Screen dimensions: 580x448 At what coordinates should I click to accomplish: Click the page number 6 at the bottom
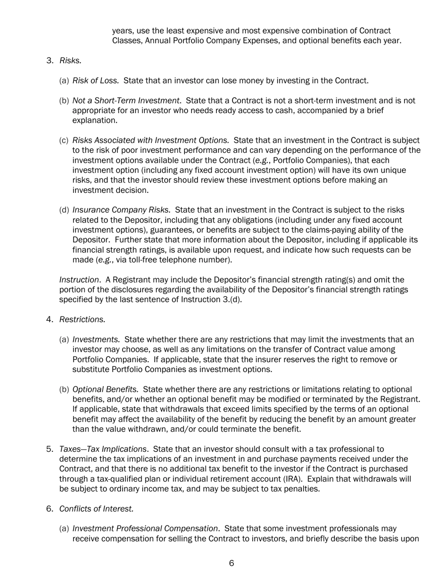[x=232, y=563]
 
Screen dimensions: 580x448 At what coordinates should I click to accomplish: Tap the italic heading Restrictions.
[x=82, y=319]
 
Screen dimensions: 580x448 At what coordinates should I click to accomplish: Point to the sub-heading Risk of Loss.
[x=95, y=81]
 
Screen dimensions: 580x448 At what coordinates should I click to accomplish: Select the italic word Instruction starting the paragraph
[x=76, y=280]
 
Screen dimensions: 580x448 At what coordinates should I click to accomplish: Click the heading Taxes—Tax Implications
[x=103, y=449]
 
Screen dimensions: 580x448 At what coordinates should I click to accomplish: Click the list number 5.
[x=50, y=449]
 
